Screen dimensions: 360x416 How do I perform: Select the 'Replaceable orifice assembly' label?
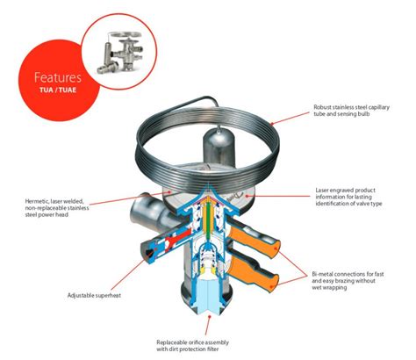click(x=208, y=340)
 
